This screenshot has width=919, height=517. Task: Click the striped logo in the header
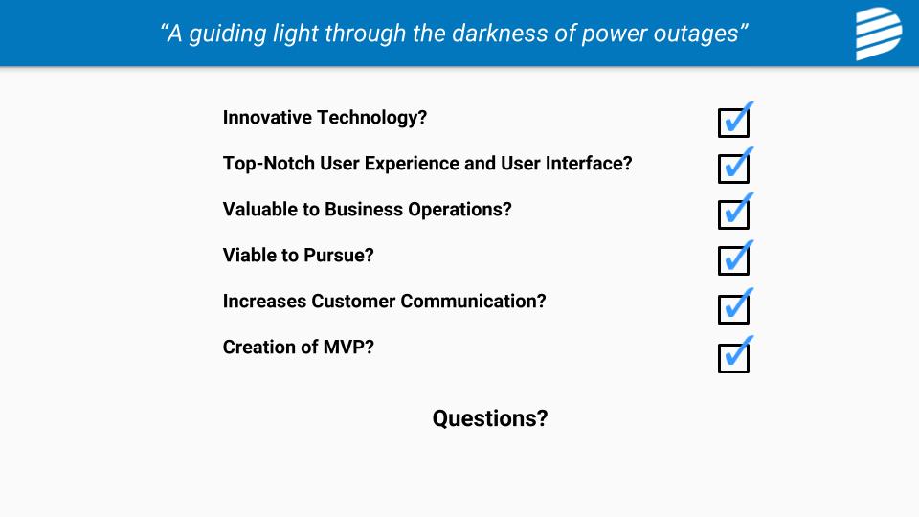pos(879,34)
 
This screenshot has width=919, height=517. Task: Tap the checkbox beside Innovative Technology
pos(734,123)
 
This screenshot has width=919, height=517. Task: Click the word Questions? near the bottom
pos(490,418)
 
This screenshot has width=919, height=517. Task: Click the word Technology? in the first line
pos(372,118)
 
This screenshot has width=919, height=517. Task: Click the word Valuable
pos(260,210)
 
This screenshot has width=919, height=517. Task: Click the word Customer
pos(353,302)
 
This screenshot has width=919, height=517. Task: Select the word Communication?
pos(474,302)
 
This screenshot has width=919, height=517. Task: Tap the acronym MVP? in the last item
pos(348,347)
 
